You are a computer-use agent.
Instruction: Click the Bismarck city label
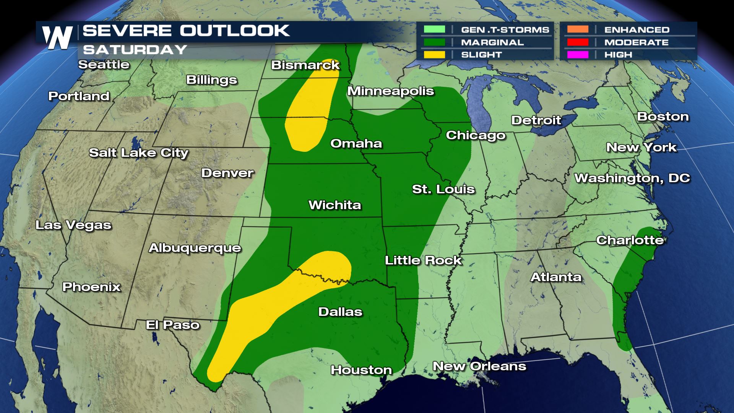[x=305, y=65]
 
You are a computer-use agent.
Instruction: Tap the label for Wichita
[x=335, y=205]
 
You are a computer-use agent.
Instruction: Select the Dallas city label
[x=340, y=312]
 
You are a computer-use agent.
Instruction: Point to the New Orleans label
[x=479, y=366]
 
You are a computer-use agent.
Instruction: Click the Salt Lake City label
[x=139, y=153]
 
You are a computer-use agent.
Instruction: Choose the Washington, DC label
[x=632, y=178]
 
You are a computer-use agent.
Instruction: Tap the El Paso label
[x=173, y=325]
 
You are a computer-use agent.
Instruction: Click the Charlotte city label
[x=630, y=240]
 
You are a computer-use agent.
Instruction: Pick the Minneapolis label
[x=390, y=91]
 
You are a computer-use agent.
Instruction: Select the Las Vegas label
[x=73, y=225]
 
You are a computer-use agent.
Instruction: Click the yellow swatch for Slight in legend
[x=434, y=55]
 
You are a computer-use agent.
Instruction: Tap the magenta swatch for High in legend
[x=577, y=55]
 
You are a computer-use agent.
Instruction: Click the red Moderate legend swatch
[x=577, y=42]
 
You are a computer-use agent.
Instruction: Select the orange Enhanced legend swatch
[x=577, y=29]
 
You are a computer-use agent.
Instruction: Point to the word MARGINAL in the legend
[x=492, y=42]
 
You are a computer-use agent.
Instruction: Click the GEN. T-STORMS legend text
[x=505, y=30]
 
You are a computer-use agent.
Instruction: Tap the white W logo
[x=57, y=37]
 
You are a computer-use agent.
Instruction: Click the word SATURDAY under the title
[x=135, y=50]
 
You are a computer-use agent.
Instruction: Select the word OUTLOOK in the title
[x=235, y=31]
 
